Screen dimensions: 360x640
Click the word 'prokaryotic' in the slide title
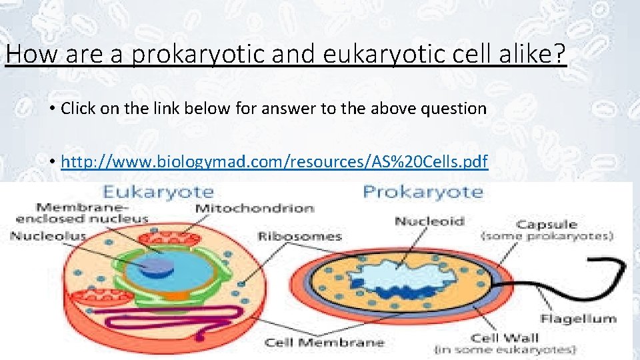point(199,54)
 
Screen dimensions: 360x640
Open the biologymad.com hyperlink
point(274,161)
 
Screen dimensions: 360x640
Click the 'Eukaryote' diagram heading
point(167,193)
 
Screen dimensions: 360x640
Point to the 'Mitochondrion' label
point(254,209)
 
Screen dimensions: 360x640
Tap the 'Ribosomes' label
point(299,236)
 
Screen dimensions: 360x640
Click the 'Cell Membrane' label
point(325,343)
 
